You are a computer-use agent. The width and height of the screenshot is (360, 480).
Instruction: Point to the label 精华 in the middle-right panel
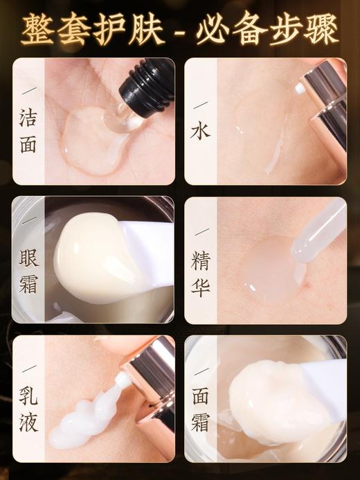200,272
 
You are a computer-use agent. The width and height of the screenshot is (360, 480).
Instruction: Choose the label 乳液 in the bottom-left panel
28,407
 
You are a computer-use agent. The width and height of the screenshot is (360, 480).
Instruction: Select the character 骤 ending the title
323,28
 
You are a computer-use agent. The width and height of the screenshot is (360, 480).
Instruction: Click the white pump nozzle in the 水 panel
302,89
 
